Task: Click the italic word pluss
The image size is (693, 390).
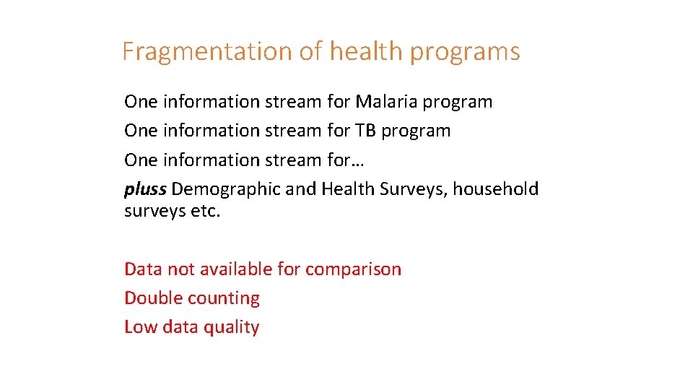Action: (x=145, y=189)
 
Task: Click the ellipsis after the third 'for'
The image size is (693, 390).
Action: (x=359, y=160)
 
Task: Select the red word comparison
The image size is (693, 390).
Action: (x=353, y=269)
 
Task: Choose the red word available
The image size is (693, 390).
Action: (x=238, y=269)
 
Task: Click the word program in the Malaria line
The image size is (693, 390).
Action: (x=457, y=103)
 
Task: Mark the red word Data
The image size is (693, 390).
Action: (x=143, y=269)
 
